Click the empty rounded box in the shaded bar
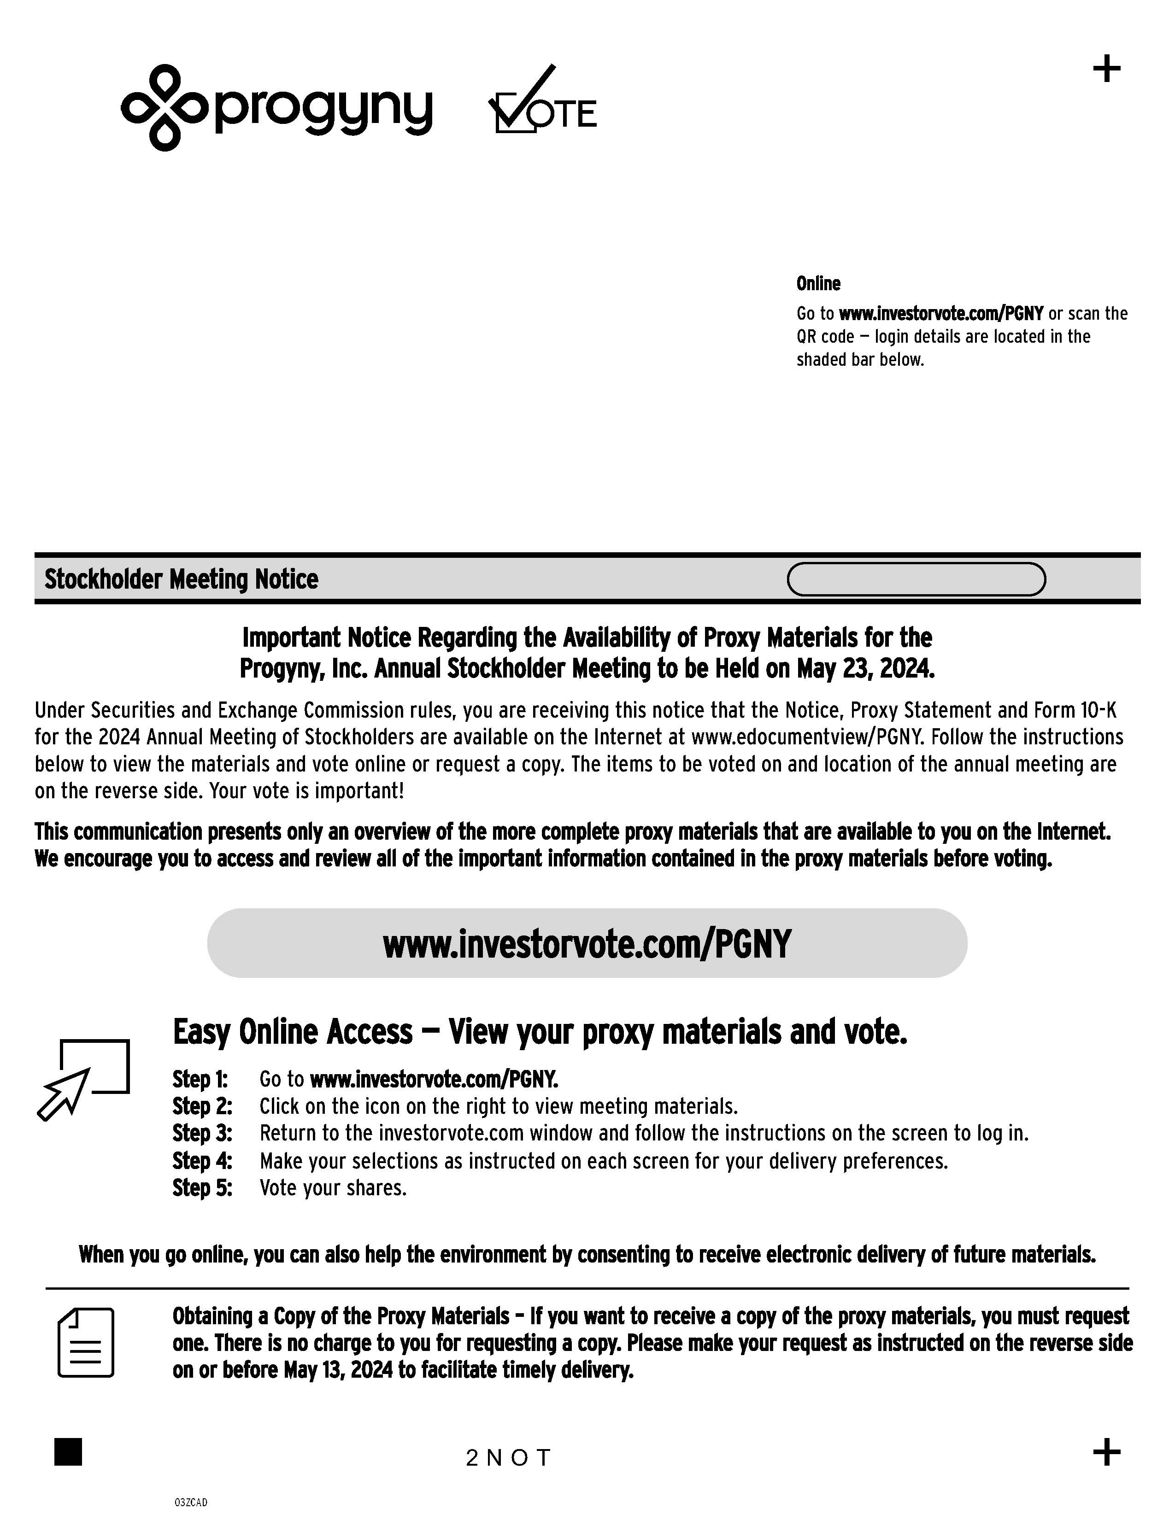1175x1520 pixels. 916,579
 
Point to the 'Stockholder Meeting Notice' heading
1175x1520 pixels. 181,579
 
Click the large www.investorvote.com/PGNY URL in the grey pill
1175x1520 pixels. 587,944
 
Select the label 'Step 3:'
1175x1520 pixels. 202,1134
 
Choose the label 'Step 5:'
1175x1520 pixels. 202,1188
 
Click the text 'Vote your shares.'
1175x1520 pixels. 333,1188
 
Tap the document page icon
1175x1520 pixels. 86,1343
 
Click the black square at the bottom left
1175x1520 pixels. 68,1452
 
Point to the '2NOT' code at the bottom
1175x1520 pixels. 508,1457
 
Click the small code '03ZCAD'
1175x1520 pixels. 191,1502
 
